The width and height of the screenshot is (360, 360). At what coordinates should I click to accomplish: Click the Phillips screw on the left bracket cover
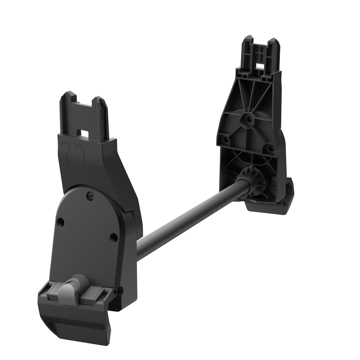pos(92,196)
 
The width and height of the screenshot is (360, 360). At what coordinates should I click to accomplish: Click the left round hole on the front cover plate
pos(60,222)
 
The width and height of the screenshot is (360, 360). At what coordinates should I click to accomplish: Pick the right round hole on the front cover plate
pos(114,237)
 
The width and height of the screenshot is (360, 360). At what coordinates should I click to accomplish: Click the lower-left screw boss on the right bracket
pos(226,139)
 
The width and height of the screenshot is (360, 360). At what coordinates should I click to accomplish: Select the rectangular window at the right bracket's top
pos(261,66)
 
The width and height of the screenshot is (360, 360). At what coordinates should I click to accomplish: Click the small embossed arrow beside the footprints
pos(97,160)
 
